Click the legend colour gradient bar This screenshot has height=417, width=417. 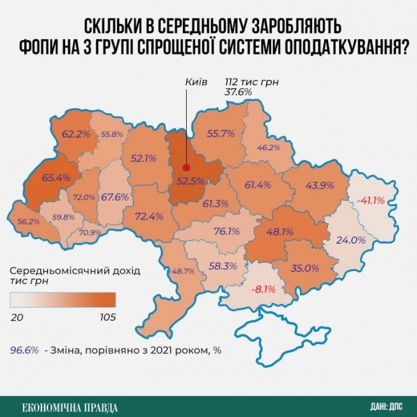[63, 299]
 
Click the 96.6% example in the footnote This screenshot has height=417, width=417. [25, 350]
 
